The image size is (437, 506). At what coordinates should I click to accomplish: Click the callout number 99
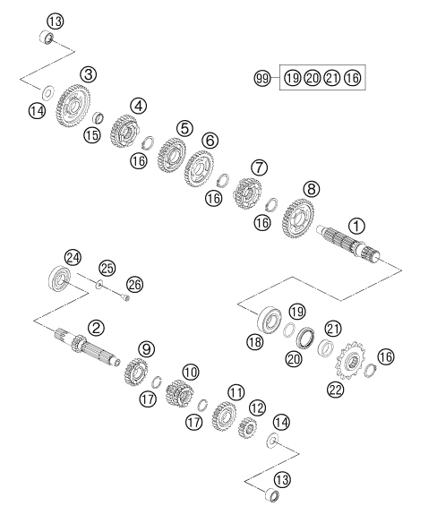tap(262, 78)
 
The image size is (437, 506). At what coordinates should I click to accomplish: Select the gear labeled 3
tap(73, 106)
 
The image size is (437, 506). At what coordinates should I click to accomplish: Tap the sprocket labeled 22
tap(350, 360)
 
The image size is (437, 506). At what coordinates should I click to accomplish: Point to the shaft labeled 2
tap(87, 347)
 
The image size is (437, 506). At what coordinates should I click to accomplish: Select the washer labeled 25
tap(99, 285)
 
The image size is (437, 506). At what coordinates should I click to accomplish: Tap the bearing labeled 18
tap(270, 320)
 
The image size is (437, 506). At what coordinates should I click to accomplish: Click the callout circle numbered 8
tap(312, 189)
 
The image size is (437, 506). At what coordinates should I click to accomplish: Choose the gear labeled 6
tap(199, 169)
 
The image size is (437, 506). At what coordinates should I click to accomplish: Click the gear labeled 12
tap(247, 427)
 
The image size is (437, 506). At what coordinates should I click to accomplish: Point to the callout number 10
tap(191, 373)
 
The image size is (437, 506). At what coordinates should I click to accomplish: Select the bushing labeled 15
tap(99, 117)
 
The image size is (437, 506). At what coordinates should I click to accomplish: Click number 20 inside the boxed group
tap(313, 78)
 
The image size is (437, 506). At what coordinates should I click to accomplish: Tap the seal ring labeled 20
tap(305, 338)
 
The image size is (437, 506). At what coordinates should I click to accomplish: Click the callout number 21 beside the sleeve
tap(333, 329)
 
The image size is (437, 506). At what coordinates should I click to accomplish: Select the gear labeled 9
tap(135, 372)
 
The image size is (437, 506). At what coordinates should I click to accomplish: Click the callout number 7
tap(260, 167)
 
